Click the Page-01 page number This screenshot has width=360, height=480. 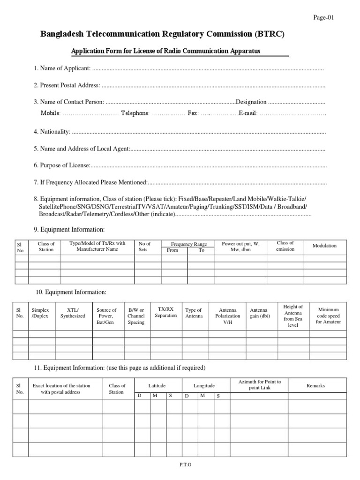323,18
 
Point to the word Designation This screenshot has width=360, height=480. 251,102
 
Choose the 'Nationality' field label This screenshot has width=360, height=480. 52,132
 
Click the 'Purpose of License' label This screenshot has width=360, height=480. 61,165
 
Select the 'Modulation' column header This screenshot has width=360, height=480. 324,246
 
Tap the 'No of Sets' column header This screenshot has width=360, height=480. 145,247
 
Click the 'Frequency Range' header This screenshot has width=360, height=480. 188,244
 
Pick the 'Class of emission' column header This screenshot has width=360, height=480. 285,246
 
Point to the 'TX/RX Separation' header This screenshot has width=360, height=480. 166,312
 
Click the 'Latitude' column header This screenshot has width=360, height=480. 157,385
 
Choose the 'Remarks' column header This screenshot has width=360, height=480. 315,385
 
